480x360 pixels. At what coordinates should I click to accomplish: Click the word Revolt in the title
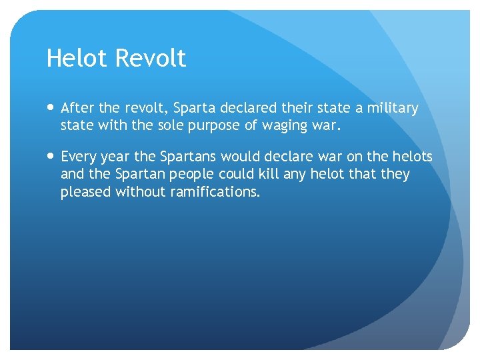click(x=150, y=59)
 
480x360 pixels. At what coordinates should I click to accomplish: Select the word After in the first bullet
click(x=77, y=108)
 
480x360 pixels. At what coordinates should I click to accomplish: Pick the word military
click(x=393, y=108)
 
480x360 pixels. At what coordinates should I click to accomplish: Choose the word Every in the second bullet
click(x=79, y=157)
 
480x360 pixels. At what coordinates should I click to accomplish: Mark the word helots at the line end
click(x=412, y=157)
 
